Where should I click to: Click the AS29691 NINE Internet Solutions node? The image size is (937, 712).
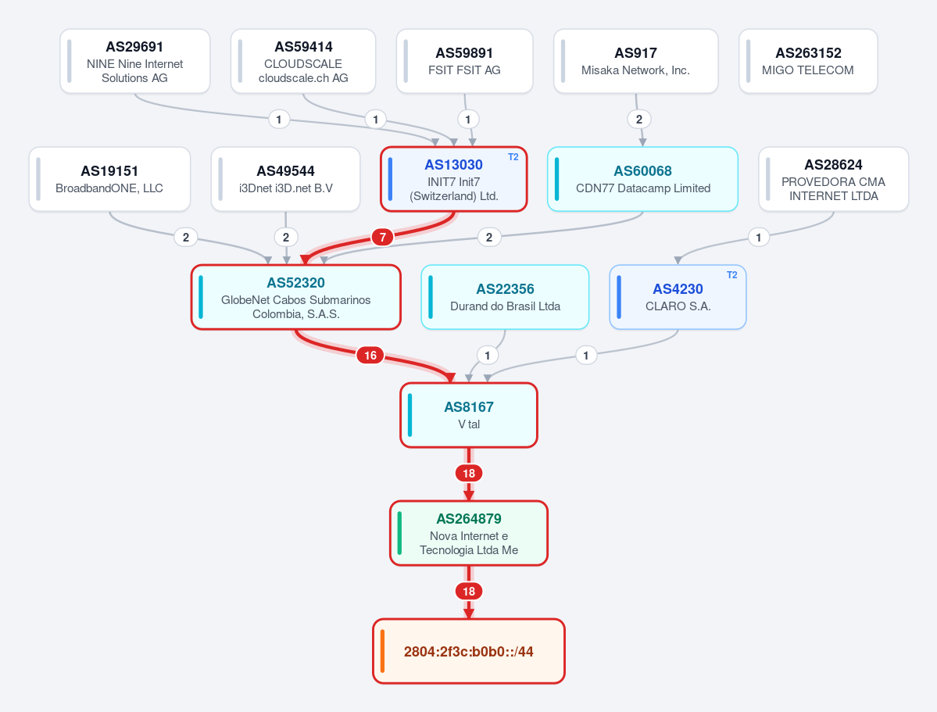pos(135,62)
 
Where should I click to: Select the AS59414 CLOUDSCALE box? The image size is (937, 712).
pos(303,62)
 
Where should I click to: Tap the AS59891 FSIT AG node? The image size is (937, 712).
pos(464,62)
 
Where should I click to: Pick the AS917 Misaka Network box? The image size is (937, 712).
pos(636,62)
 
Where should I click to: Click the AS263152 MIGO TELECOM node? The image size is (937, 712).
pos(808,62)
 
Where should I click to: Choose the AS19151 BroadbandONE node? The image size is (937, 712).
pos(109,179)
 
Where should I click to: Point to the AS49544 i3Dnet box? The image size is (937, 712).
pos(286,179)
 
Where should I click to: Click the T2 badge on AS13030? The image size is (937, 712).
pos(513,157)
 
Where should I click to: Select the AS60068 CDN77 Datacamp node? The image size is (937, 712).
pos(642,179)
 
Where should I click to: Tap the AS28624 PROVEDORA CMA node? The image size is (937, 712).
pos(834,179)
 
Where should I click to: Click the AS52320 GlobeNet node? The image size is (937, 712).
pos(296,297)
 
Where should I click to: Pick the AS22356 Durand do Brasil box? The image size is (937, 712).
pos(505,297)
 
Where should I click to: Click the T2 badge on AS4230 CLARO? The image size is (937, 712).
pos(732,275)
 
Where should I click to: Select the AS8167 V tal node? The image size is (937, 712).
pos(469,415)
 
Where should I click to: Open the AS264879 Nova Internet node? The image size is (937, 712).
pos(469,533)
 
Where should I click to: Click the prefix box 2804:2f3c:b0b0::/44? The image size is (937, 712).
pos(469,651)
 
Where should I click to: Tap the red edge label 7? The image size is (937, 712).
pos(382,238)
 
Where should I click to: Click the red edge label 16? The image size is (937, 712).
pos(370,356)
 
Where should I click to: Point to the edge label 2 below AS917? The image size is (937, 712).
pos(638,120)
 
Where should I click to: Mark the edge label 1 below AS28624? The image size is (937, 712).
pos(758,238)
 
